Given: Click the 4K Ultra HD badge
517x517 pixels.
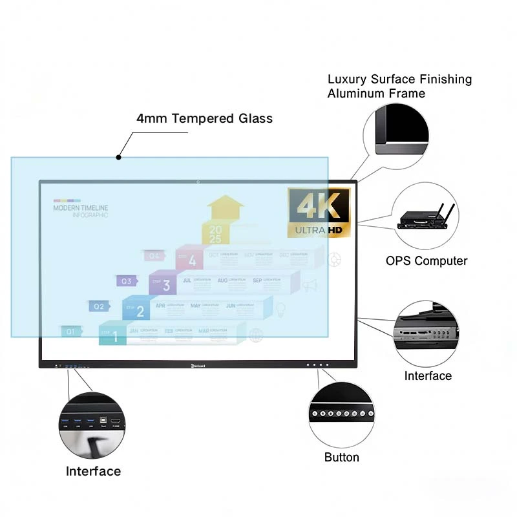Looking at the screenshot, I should point(319,213).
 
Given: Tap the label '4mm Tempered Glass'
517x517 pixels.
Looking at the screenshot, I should point(204,118).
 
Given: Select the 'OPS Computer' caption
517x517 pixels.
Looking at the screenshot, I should point(427,261).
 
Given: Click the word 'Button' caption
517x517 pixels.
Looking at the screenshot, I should point(341,458).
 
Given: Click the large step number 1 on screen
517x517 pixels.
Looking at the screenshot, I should point(115,337).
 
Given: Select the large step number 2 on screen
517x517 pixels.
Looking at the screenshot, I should point(140,311).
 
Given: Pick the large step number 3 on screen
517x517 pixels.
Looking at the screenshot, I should point(166,286).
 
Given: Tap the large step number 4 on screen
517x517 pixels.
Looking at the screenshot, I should point(192,261).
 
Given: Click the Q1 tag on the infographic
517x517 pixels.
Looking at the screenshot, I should point(70,332).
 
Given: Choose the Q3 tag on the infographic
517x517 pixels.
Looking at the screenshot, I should point(126,281).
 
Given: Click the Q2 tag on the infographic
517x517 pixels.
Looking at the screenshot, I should point(98,306).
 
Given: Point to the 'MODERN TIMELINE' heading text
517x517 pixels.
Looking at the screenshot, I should point(81,208).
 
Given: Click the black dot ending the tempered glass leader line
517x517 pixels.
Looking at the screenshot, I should point(118,157).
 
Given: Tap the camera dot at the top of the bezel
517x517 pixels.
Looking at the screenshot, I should point(198,181).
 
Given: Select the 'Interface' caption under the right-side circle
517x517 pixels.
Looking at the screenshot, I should point(428,376).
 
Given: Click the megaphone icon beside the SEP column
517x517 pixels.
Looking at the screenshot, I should point(310,285).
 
